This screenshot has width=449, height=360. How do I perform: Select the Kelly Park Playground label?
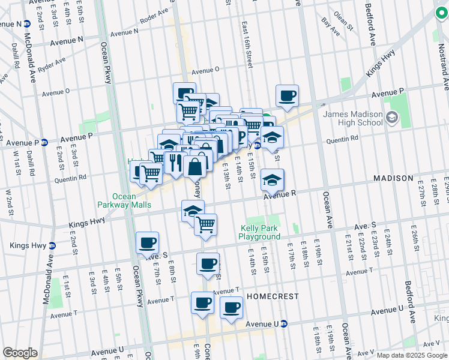pyautogui.click(x=260, y=232)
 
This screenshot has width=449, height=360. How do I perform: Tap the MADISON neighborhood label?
pyautogui.click(x=393, y=178)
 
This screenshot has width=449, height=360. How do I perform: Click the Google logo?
pyautogui.click(x=20, y=353)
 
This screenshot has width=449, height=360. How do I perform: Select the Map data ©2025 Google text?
pyautogui.click(x=411, y=355)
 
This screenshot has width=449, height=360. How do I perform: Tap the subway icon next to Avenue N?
pyautogui.click(x=26, y=24)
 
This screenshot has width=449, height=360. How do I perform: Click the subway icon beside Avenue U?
pyautogui.click(x=284, y=324)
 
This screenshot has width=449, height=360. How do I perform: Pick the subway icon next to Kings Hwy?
pyautogui.click(x=52, y=245)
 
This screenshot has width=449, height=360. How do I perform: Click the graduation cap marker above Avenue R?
pyautogui.click(x=272, y=179)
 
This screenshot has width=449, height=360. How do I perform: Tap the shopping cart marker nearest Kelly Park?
pyautogui.click(x=205, y=224)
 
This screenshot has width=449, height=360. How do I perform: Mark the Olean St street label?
pyautogui.click(x=343, y=19)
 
